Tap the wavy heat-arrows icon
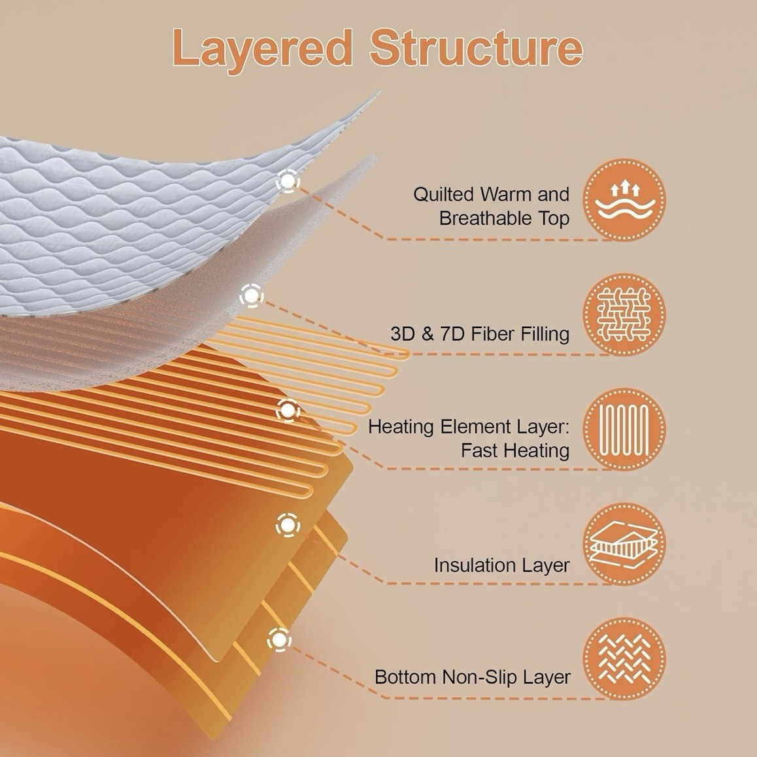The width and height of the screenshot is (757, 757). coord(624,199)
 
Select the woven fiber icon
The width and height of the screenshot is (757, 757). coord(624,314)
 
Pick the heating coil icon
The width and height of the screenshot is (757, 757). coord(624,429)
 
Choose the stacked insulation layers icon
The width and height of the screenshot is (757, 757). coord(624,544)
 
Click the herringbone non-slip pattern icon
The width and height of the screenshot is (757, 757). coord(624,659)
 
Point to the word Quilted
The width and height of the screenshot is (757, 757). coord(444,195)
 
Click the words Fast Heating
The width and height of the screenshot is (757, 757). coord(515,451)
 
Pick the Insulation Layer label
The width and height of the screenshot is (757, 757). coord(501,565)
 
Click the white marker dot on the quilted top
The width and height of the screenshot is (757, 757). coord(288,182)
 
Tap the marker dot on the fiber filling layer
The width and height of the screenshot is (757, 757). coord(252,295)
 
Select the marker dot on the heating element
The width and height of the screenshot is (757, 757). coord(288,411)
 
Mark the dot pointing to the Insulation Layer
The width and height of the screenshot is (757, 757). coord(288,525)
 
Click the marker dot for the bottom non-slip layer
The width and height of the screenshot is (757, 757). coord(279,640)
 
